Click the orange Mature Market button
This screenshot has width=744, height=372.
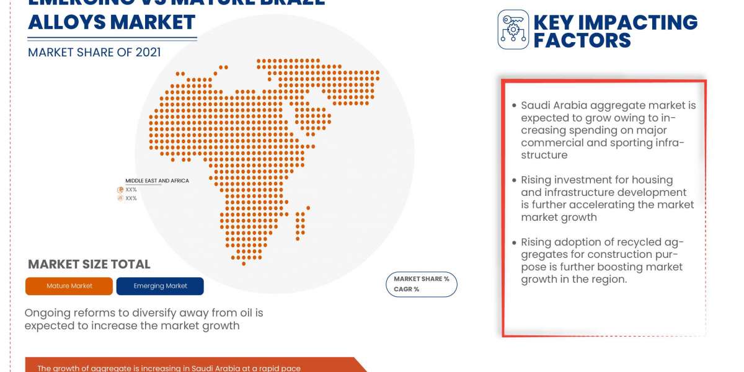click(x=69, y=286)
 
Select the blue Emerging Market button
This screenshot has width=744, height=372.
click(x=160, y=286)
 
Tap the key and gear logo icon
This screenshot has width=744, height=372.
click(x=513, y=29)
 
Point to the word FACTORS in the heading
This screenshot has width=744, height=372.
click(x=582, y=40)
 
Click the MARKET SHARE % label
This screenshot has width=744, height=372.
click(x=422, y=279)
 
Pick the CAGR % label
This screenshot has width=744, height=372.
click(x=407, y=289)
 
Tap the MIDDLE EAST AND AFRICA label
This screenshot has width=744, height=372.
click(x=157, y=181)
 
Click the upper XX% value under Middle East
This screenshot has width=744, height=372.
click(x=131, y=190)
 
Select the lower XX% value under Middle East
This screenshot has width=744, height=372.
click(x=131, y=198)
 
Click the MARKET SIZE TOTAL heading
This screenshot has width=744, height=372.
click(x=89, y=264)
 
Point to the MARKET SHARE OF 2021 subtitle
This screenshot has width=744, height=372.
click(x=94, y=52)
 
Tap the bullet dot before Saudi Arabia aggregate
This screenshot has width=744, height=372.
click(x=514, y=105)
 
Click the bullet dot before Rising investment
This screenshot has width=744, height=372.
click(x=514, y=180)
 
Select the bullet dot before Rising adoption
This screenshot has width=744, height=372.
click(x=514, y=242)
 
